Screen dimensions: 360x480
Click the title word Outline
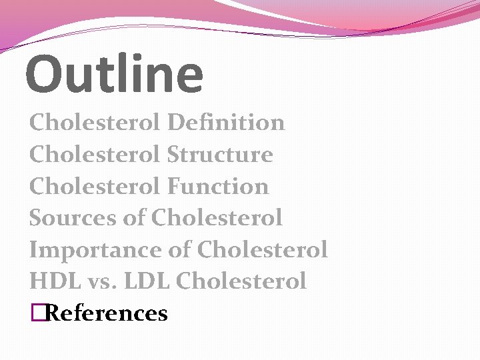tap(114, 73)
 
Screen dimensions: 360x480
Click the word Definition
tap(226, 123)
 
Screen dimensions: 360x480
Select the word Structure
tap(220, 155)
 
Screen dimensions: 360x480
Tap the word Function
tap(218, 187)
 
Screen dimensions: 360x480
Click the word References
tap(107, 313)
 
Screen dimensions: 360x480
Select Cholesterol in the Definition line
tap(95, 123)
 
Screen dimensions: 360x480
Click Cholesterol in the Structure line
tap(95, 155)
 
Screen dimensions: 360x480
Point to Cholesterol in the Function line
tap(95, 187)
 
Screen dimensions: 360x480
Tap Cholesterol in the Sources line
tap(217, 218)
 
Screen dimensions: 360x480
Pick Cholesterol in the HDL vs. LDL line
tap(241, 281)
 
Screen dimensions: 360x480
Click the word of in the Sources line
tap(133, 218)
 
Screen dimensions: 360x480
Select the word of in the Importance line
tap(179, 251)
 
